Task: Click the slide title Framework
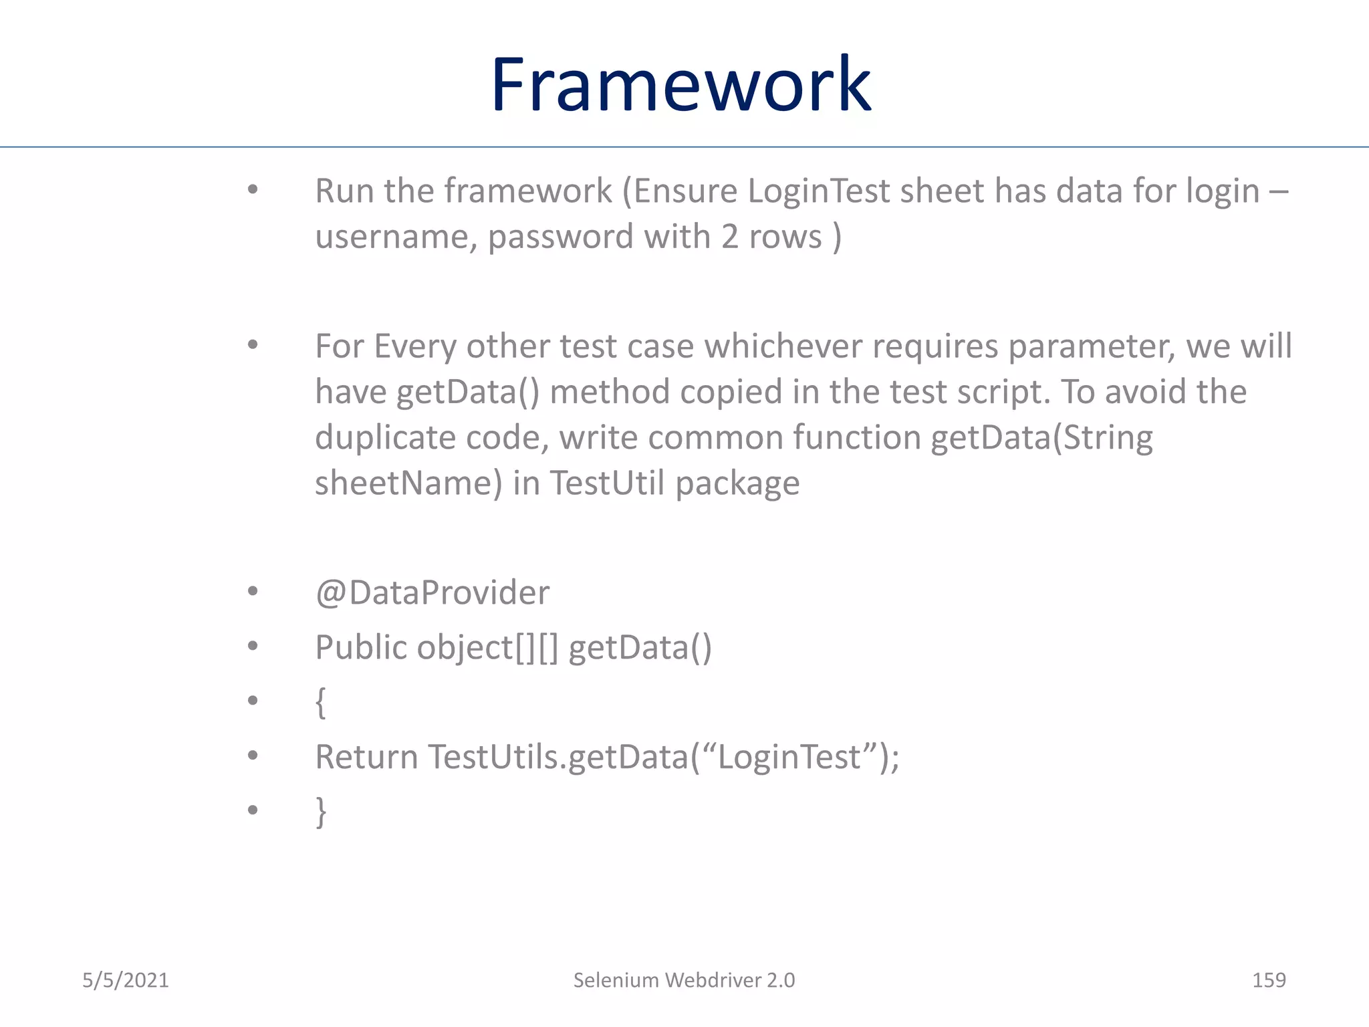point(680,85)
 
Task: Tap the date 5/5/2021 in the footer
point(125,980)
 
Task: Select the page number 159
point(1268,980)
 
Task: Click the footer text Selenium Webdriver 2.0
point(684,980)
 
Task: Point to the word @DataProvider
point(432,593)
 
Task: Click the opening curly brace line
point(321,702)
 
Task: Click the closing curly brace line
point(321,812)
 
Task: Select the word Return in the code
point(366,757)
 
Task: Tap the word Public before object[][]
point(361,647)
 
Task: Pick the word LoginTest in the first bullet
point(819,191)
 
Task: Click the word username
point(396,237)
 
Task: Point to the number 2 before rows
point(729,237)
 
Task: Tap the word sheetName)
point(408,483)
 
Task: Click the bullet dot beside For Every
point(253,345)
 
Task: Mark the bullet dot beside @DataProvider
point(253,592)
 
